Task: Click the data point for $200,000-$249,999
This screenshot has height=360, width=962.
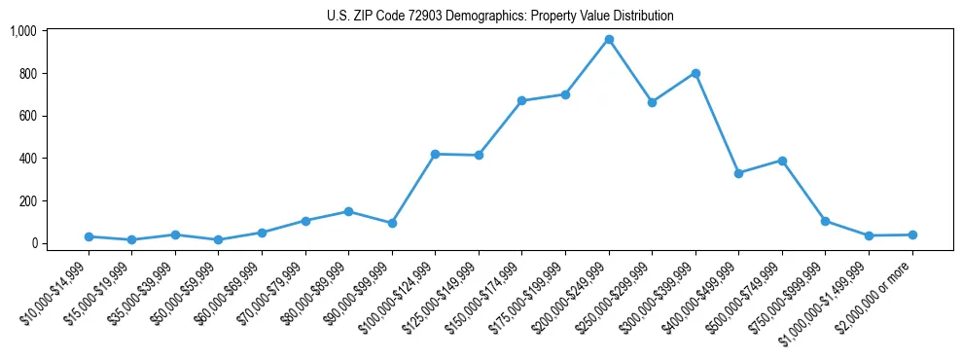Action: pos(609,39)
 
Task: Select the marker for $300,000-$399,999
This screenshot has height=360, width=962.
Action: pos(695,73)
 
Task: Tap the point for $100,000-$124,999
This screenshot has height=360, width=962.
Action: pos(435,154)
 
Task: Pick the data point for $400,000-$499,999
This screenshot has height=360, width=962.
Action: pos(739,173)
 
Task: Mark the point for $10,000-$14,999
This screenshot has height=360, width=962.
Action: pos(89,236)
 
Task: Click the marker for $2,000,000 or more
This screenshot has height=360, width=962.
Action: pos(912,234)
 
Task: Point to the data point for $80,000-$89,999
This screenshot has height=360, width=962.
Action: pos(348,211)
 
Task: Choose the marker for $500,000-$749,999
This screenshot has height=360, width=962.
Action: pos(782,161)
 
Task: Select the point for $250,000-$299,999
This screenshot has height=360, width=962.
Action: pos(652,101)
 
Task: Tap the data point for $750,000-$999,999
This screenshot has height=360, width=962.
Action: pos(825,221)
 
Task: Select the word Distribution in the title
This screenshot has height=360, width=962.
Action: pos(639,17)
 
